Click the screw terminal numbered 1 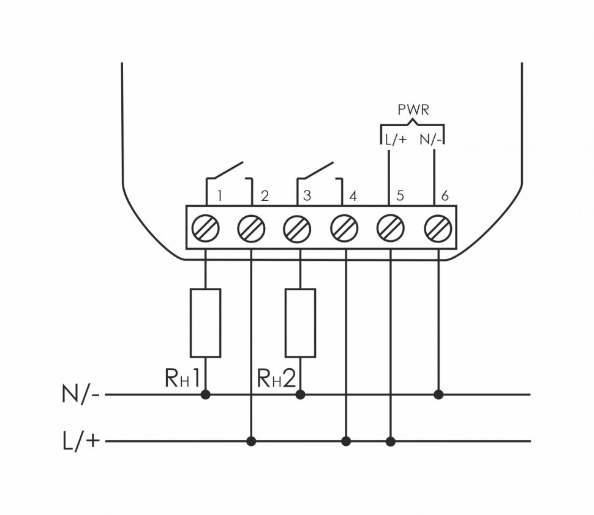pyautogui.click(x=205, y=229)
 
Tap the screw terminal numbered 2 pyautogui.click(x=251, y=229)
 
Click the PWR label pyautogui.click(x=413, y=111)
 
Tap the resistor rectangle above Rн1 pyautogui.click(x=205, y=323)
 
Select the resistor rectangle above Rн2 pyautogui.click(x=301, y=323)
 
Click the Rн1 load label pyautogui.click(x=182, y=378)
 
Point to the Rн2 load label pyautogui.click(x=276, y=378)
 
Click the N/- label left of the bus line pyautogui.click(x=80, y=394)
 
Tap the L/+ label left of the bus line pyautogui.click(x=80, y=440)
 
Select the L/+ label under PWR pyautogui.click(x=394, y=140)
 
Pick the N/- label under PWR pyautogui.click(x=431, y=140)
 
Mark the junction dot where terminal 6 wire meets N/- pyautogui.click(x=438, y=394)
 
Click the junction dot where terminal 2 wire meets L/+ pyautogui.click(x=250, y=441)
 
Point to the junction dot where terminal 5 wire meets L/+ pyautogui.click(x=391, y=441)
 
